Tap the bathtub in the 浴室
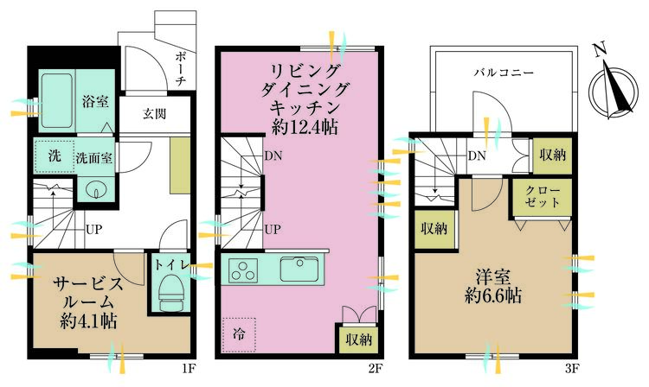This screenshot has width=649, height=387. coord(57,101)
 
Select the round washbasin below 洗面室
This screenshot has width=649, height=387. coord(96,190)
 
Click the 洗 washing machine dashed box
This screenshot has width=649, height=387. coord(54,156)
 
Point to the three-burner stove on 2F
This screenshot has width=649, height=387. coord(243,270)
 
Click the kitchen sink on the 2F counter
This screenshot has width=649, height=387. coord(300,270)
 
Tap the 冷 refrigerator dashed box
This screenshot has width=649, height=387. coord(239,334)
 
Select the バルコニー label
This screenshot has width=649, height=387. coord(504,73)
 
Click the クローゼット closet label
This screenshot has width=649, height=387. coord(543,197)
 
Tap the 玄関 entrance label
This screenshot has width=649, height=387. coord(154,113)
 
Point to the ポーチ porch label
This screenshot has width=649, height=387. coord(181,68)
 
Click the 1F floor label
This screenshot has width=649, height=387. coord(189,368)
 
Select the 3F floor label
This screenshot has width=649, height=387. coord(572,368)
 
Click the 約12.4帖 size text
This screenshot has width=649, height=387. coord(305,127)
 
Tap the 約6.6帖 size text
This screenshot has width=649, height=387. coord(492,295)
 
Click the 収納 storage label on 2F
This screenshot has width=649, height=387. coord(359,339)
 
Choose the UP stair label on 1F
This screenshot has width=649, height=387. coord(93,229)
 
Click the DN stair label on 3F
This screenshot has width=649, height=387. coord(477,155)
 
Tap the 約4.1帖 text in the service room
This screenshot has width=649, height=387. coord(88,321)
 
